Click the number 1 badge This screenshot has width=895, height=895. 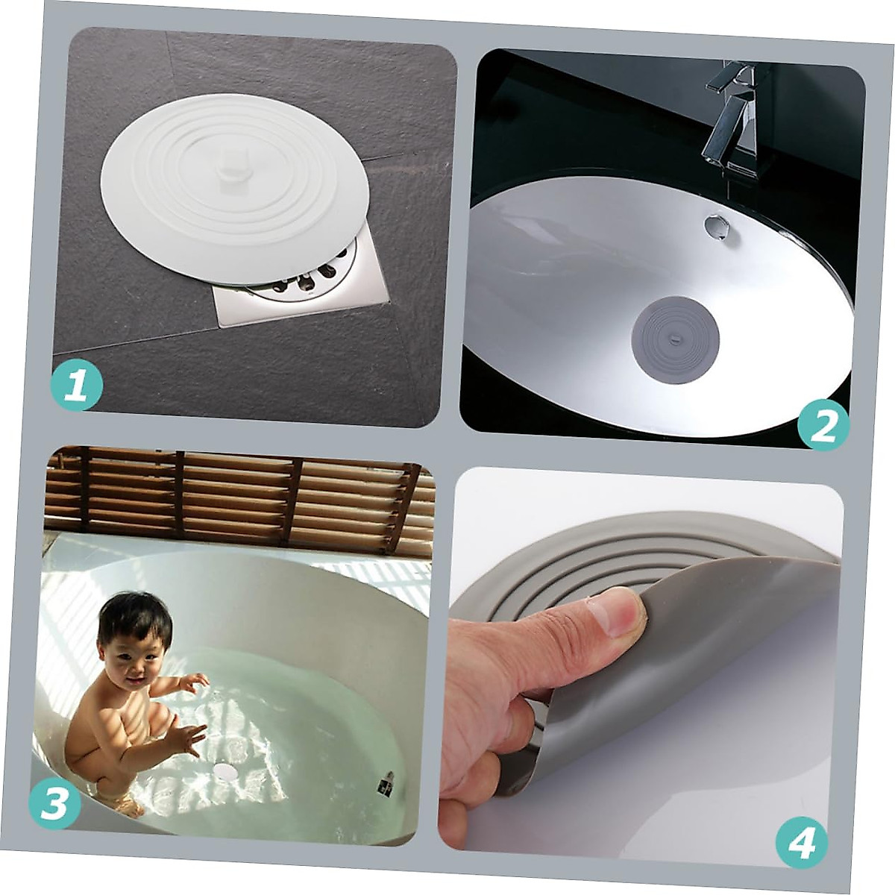point(75,386)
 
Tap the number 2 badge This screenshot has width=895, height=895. point(823,426)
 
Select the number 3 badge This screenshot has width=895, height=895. point(54,804)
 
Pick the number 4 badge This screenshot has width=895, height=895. point(801,842)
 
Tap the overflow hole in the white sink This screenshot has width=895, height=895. point(715,226)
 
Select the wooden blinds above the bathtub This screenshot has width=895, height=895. point(239,496)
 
